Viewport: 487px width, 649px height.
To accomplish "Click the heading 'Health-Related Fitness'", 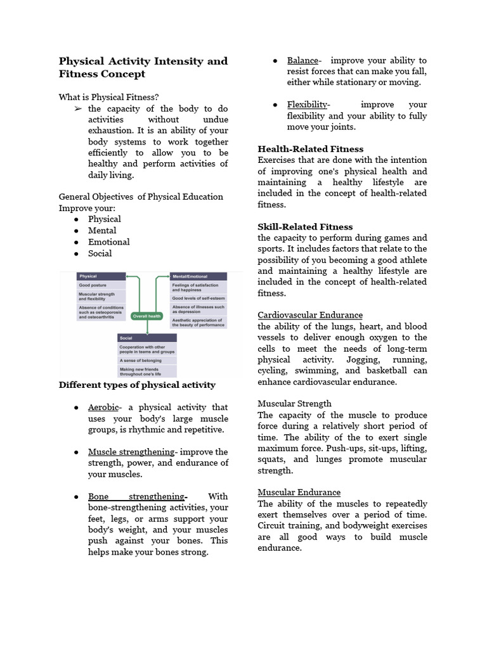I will (311, 149).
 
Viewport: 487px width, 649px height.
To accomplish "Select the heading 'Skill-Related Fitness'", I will (305, 226).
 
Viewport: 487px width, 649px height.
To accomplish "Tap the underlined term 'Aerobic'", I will (103, 407).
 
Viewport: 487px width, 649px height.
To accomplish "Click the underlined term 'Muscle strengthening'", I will (131, 452).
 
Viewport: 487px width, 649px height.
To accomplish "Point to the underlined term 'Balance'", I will (302, 60).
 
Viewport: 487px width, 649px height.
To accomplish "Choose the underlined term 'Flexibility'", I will (307, 105).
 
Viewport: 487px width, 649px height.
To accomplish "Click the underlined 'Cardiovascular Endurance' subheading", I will (310, 315).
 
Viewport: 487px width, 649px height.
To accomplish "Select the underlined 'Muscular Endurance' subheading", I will (299, 492).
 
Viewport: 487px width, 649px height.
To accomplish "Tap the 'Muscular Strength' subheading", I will (294, 404).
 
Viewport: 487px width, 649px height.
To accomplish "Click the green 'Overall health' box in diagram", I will (146, 316).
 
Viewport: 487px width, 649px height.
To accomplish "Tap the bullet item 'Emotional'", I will (108, 241).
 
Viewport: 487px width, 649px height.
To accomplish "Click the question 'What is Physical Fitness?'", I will (108, 97).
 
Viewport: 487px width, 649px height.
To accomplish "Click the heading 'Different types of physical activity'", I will (137, 385).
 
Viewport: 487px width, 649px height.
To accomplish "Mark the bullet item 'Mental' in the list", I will (102, 230).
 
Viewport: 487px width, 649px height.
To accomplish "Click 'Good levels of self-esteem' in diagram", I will (198, 298).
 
